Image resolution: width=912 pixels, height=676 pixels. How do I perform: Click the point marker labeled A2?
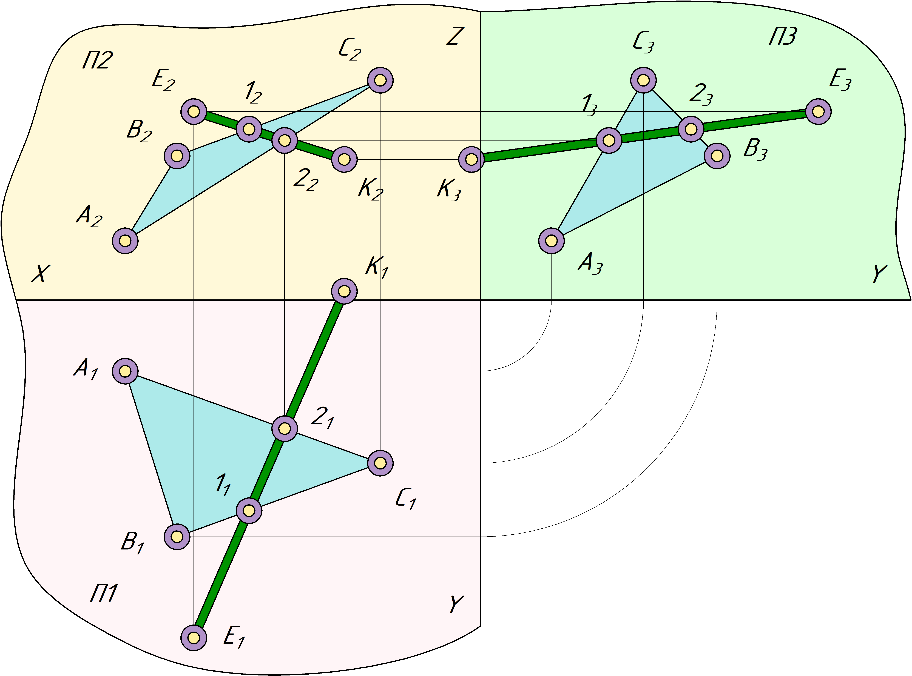click(x=125, y=241)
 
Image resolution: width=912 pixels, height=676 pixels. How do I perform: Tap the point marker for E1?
click(x=194, y=638)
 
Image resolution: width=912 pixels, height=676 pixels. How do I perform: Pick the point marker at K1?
click(x=344, y=291)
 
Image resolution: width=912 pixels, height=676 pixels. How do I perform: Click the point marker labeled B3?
click(x=717, y=156)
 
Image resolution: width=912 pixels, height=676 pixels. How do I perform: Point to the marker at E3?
click(x=818, y=111)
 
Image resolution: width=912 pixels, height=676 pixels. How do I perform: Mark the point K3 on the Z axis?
click(x=471, y=159)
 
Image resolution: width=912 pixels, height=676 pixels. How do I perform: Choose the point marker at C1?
click(x=380, y=463)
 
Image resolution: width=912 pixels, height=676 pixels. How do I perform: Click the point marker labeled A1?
click(x=125, y=371)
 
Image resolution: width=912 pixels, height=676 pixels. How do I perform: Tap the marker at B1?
click(x=177, y=536)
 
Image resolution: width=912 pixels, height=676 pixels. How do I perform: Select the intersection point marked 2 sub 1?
click(x=285, y=428)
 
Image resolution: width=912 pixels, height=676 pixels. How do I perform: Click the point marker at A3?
click(x=551, y=241)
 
